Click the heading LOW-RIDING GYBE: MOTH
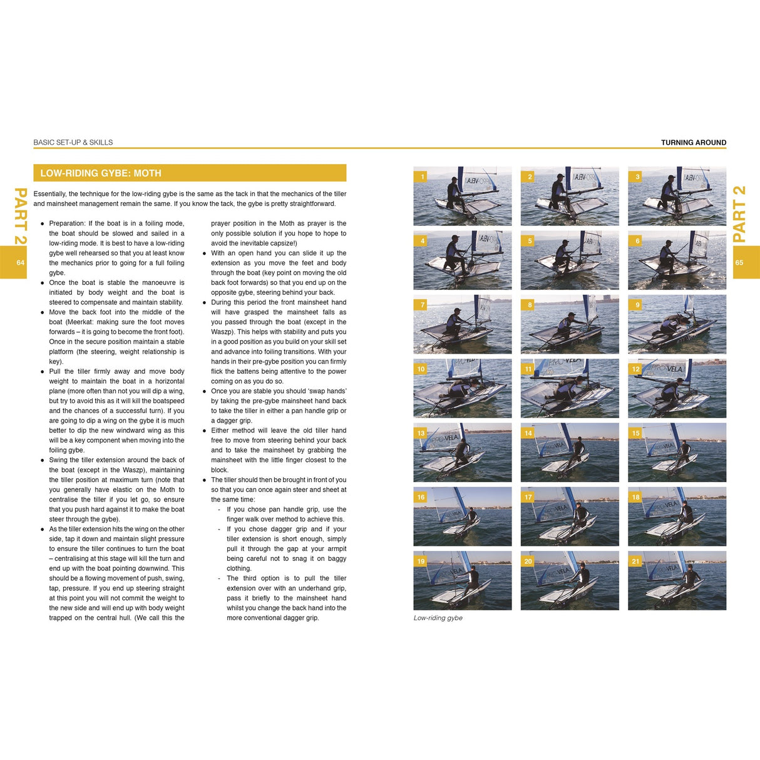click(x=101, y=173)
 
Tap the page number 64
click(x=21, y=262)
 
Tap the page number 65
click(x=739, y=262)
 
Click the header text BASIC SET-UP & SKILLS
click(x=73, y=143)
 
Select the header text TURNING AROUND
click(x=694, y=143)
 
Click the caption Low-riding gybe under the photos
click(x=438, y=618)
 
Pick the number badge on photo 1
click(x=422, y=177)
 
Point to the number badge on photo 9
click(x=637, y=305)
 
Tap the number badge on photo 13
click(x=421, y=433)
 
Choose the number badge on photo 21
click(x=636, y=561)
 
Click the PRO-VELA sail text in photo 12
click(x=666, y=369)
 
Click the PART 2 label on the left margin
click(x=21, y=216)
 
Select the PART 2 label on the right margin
click(x=739, y=214)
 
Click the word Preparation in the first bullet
click(x=67, y=223)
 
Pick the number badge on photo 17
click(x=529, y=497)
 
